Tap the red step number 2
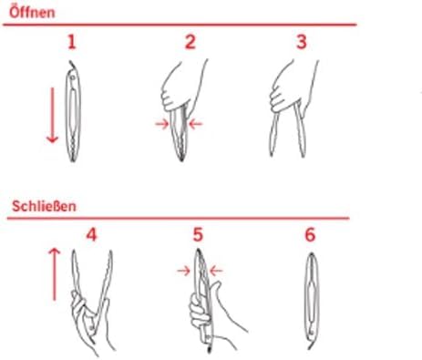pos(190,42)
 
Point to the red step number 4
pos(90,234)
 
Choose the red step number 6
pos(309,234)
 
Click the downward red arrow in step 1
pos(52,113)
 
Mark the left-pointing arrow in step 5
pos(214,269)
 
